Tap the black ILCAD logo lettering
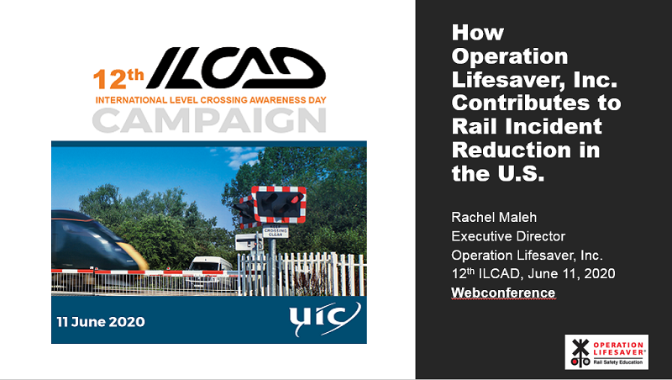tap(236, 68)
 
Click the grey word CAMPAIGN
tap(209, 120)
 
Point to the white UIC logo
tap(324, 319)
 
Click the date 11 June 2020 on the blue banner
tap(101, 322)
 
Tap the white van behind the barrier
tap(209, 270)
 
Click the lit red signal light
tap(296, 198)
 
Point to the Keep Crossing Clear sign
tap(276, 231)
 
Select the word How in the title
tap(478, 33)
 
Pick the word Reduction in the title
tap(512, 150)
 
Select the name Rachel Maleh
tap(494, 217)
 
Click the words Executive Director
tap(508, 236)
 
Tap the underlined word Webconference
tap(503, 293)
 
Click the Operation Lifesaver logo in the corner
tap(606, 352)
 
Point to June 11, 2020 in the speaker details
tap(572, 273)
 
